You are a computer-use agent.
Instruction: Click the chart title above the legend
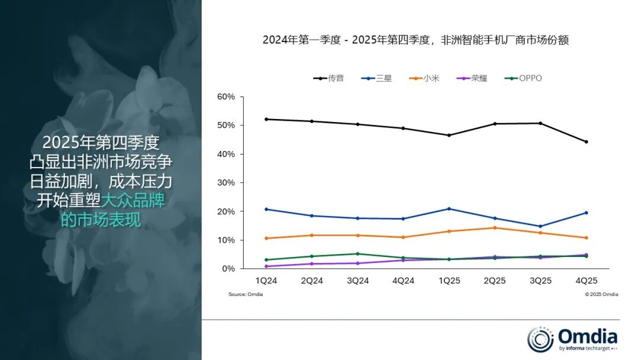[415, 40]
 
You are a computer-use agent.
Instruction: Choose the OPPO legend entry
[523, 78]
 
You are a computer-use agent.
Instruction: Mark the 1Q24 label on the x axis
[266, 281]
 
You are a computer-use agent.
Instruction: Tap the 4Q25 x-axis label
[586, 281]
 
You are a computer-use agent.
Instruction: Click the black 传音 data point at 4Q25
[586, 142]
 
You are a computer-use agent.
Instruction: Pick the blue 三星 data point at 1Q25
[449, 208]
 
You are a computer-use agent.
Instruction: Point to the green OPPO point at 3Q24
[357, 253]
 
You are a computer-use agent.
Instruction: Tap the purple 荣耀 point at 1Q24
[266, 266]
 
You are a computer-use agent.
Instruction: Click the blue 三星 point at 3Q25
[540, 226]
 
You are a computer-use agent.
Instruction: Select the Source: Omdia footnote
[246, 294]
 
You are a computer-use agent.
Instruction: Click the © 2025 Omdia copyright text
[601, 294]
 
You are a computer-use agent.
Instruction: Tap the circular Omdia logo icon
[540, 339]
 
